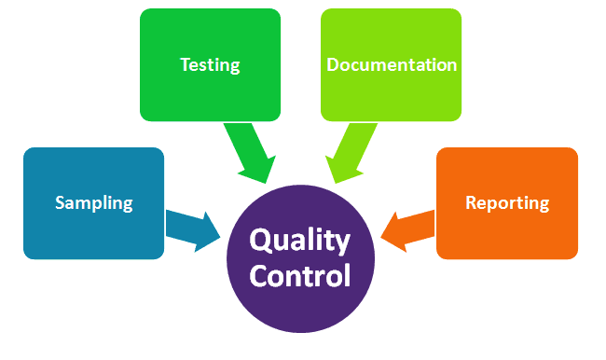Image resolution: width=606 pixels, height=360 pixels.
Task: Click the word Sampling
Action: point(93,202)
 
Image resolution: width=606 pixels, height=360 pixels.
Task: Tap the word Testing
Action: point(210,64)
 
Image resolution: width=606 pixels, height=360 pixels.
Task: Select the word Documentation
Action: point(392,64)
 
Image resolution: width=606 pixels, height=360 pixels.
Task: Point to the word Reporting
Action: point(507,202)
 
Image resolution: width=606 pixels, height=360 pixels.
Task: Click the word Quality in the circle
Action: point(300,241)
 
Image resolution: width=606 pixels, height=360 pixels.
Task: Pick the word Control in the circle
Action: point(300,276)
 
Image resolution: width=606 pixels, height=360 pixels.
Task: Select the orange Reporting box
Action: point(507,233)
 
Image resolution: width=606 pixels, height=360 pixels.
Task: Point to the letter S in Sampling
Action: point(60,202)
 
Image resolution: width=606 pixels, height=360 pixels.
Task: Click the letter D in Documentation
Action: point(334,64)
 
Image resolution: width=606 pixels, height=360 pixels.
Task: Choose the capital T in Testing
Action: point(185,64)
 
